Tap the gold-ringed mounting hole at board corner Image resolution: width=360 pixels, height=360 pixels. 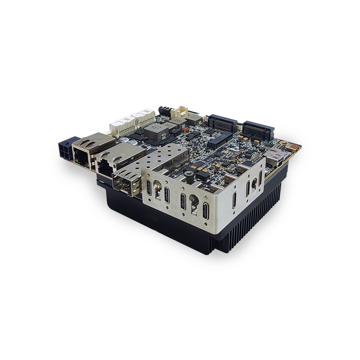pyautogui.click(x=284, y=145)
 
